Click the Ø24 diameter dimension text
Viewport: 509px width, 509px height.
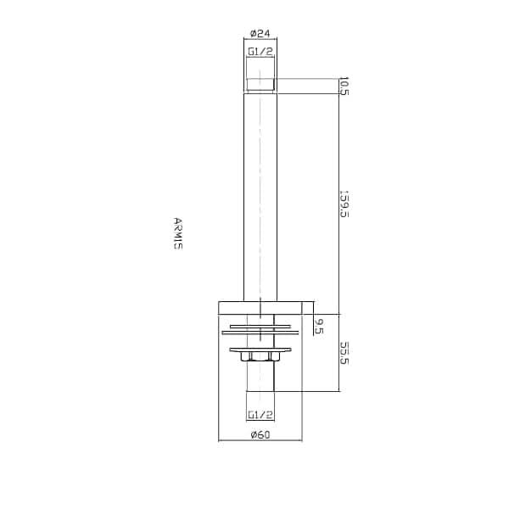coord(260,33)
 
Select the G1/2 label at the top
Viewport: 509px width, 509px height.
coord(260,52)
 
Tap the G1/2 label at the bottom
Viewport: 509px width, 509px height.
coord(260,415)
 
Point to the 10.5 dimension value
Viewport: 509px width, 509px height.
coord(344,86)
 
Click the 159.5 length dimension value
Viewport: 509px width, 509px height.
coord(344,204)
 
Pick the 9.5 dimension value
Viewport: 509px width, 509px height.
coord(320,327)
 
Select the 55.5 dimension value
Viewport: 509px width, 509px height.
coord(344,353)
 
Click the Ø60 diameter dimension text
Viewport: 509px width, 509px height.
coord(260,434)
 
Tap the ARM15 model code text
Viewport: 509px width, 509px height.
coord(178,233)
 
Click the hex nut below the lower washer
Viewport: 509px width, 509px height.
coord(260,356)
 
